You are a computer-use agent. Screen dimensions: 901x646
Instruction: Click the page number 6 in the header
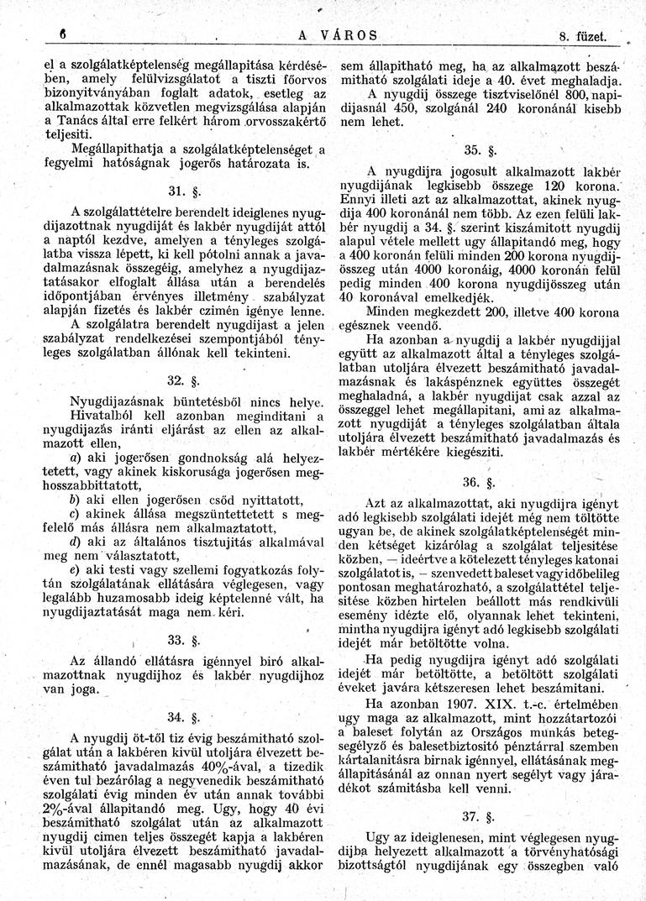(x=52, y=34)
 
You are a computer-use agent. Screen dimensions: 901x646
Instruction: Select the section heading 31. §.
(x=186, y=187)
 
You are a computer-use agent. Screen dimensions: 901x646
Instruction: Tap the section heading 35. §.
(x=481, y=150)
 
